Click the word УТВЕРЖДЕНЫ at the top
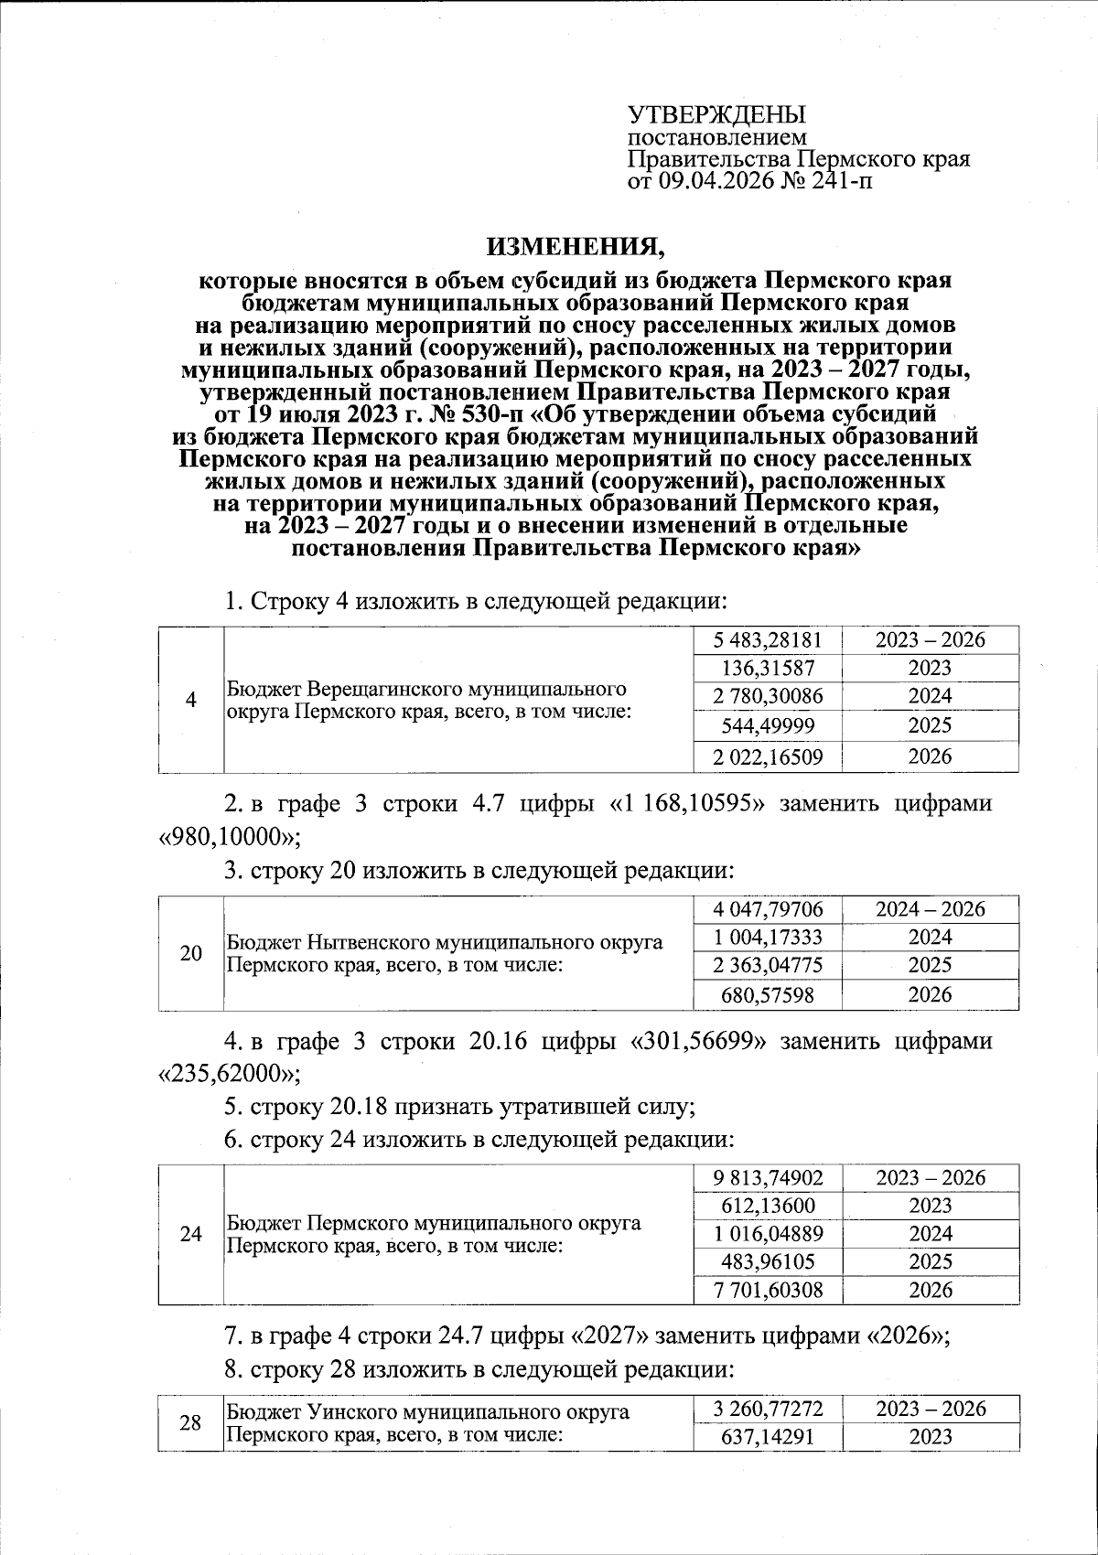(x=716, y=115)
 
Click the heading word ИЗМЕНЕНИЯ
(x=571, y=246)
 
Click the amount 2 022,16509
(x=769, y=756)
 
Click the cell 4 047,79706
(x=769, y=909)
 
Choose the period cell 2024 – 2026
(x=931, y=909)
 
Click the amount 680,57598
(x=769, y=995)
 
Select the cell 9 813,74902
(x=769, y=1178)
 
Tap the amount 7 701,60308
(x=769, y=1291)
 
